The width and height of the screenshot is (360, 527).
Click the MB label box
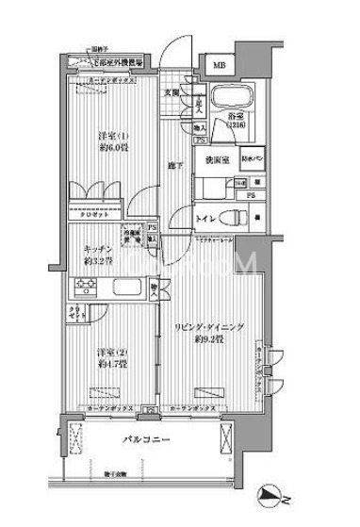point(218,65)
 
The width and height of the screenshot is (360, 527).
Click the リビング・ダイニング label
point(209,326)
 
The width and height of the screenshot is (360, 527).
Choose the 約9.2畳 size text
point(209,339)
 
